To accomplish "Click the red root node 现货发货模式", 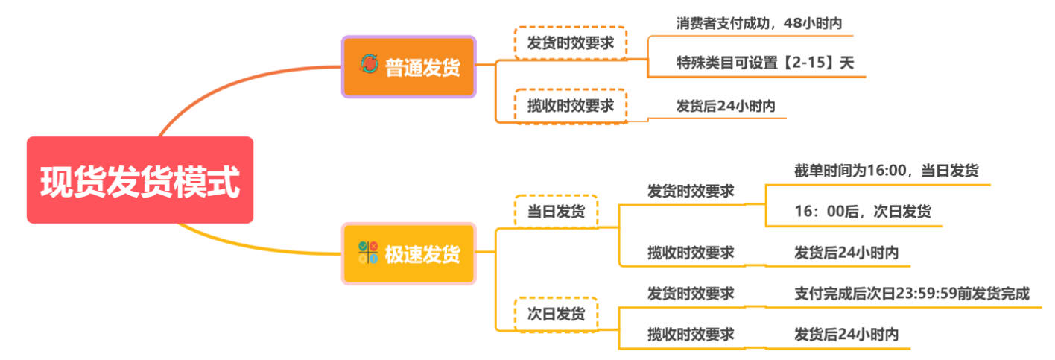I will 140,180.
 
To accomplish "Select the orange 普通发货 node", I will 408,66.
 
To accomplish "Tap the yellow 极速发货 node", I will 408,253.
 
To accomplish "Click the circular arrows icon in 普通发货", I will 369,66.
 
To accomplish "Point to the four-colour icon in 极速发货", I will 368,253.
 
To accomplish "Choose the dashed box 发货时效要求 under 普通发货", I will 571,43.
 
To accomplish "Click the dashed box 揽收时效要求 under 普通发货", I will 571,106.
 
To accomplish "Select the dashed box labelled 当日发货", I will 556,211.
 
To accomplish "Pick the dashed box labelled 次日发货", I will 556,314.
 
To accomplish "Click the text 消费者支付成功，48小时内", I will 759,23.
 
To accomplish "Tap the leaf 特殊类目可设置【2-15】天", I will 765,63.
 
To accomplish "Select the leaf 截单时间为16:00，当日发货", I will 886,171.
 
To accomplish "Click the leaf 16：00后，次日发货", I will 862,212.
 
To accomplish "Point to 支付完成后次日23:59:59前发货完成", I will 912,294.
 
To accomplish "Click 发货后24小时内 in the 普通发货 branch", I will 725,107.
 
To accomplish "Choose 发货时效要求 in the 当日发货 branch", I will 691,191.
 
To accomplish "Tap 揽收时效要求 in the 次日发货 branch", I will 691,334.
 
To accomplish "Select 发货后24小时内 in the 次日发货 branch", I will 846,334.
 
